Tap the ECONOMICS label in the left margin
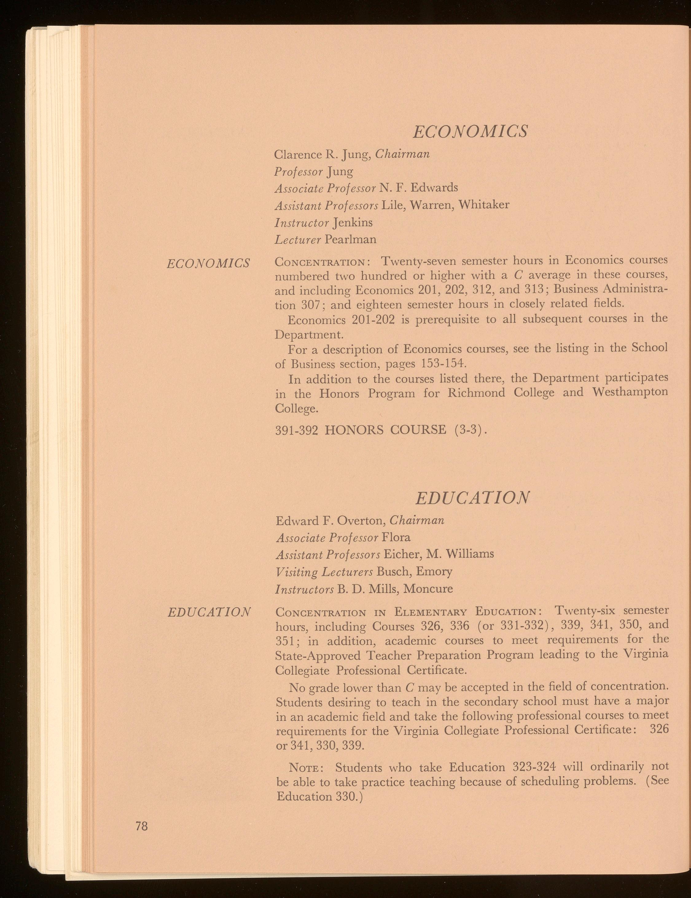coord(208,263)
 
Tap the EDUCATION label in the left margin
coord(209,612)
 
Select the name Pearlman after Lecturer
coord(350,239)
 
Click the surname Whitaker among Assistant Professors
coord(484,204)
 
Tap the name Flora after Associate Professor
coord(396,537)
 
